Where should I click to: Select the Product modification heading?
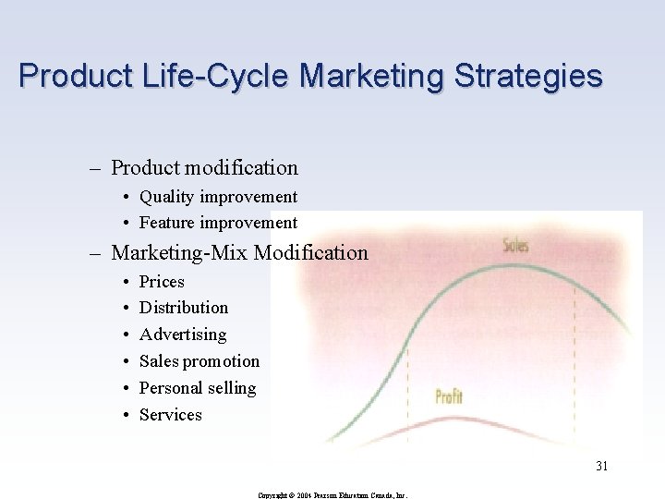tap(204, 168)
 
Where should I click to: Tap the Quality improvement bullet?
tap(218, 197)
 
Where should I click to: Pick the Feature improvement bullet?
tap(218, 223)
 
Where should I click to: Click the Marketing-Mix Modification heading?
tap(239, 252)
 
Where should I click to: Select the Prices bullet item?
tap(162, 282)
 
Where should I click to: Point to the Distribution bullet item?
tap(184, 308)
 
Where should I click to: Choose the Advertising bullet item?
tap(183, 335)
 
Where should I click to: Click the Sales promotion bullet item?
tap(199, 361)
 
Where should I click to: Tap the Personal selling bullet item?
tap(198, 388)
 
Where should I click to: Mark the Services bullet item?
tap(171, 415)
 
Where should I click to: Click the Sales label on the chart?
tap(515, 246)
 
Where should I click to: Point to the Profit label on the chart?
tap(449, 396)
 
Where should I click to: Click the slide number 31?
tap(601, 466)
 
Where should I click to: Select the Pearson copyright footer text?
tap(332, 494)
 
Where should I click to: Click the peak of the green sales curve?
tap(517, 267)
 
